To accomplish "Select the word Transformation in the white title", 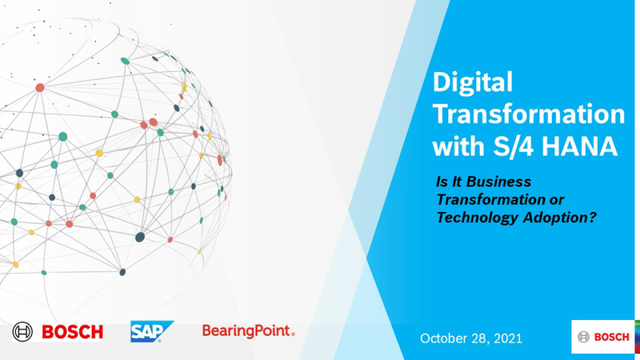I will pyautogui.click(x=528, y=115).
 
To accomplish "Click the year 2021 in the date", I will pyautogui.click(x=509, y=338).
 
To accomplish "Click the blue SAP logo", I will pyautogui.click(x=152, y=331).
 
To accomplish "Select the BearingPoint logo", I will pyautogui.click(x=248, y=330).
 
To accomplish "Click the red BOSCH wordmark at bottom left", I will pyautogui.click(x=72, y=331).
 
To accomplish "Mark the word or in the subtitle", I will pyautogui.click(x=546, y=200).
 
